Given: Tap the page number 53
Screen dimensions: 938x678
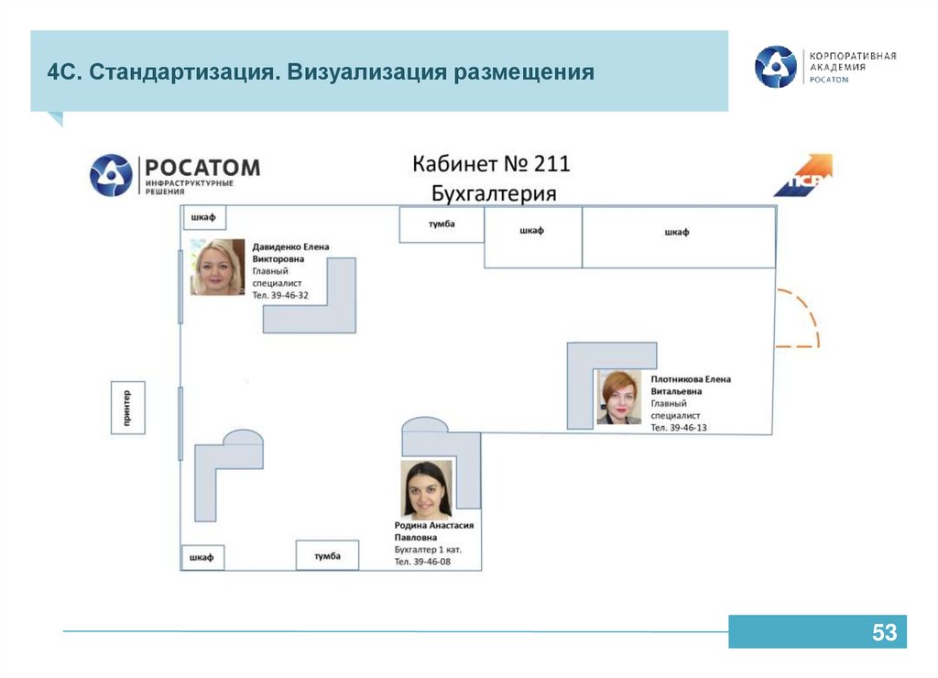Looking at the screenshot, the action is tap(883, 632).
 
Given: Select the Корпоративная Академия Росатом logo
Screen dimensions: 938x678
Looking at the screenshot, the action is tap(825, 67).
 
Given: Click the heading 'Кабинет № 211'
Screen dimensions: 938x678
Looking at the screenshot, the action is tap(491, 164).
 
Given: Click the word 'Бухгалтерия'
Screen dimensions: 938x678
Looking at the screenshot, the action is tap(494, 193).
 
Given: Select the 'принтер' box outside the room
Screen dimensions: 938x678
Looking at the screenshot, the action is tap(127, 408).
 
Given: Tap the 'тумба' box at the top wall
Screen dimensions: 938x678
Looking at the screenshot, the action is tap(442, 224).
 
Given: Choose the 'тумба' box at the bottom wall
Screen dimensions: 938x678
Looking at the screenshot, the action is tap(327, 555).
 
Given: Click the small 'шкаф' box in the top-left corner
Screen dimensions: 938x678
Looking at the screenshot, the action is tap(202, 218).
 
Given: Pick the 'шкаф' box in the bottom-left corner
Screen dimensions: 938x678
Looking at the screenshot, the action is tap(202, 556).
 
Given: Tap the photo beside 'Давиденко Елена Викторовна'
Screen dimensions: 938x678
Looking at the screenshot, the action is tap(218, 267).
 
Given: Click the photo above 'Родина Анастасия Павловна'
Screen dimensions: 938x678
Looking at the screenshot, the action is tap(426, 489).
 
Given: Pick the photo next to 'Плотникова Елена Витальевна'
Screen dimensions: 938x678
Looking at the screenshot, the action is tap(619, 398).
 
